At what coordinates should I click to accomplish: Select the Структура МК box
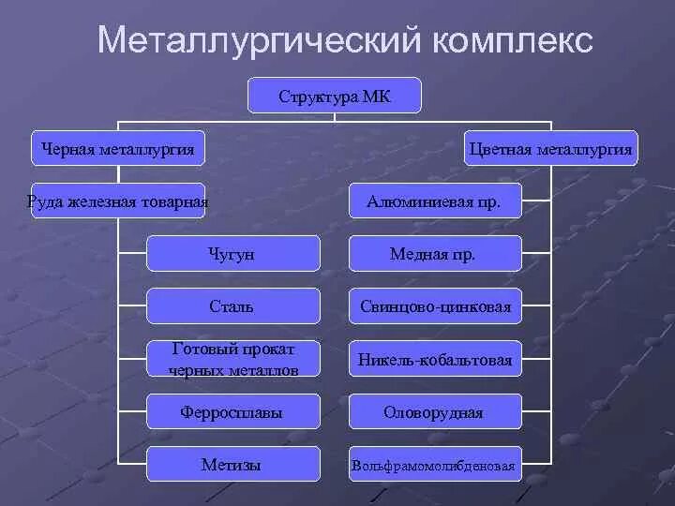335,96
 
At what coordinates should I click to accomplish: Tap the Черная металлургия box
118,148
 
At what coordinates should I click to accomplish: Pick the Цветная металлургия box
551,148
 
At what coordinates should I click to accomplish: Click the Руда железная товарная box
118,201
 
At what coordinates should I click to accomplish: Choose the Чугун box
233,253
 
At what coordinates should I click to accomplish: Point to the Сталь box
233,305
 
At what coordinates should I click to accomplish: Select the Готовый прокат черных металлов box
233,359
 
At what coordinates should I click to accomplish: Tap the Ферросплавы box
233,411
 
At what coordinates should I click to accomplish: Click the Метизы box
233,464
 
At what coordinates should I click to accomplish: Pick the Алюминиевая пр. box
434,201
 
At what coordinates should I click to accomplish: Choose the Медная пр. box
434,253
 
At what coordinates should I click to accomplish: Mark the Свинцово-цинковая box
434,305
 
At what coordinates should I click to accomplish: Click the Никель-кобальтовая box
434,359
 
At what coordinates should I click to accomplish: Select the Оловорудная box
434,411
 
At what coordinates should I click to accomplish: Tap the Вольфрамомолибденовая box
434,465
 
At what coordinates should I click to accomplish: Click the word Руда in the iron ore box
46,201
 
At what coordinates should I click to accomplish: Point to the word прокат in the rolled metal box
267,350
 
